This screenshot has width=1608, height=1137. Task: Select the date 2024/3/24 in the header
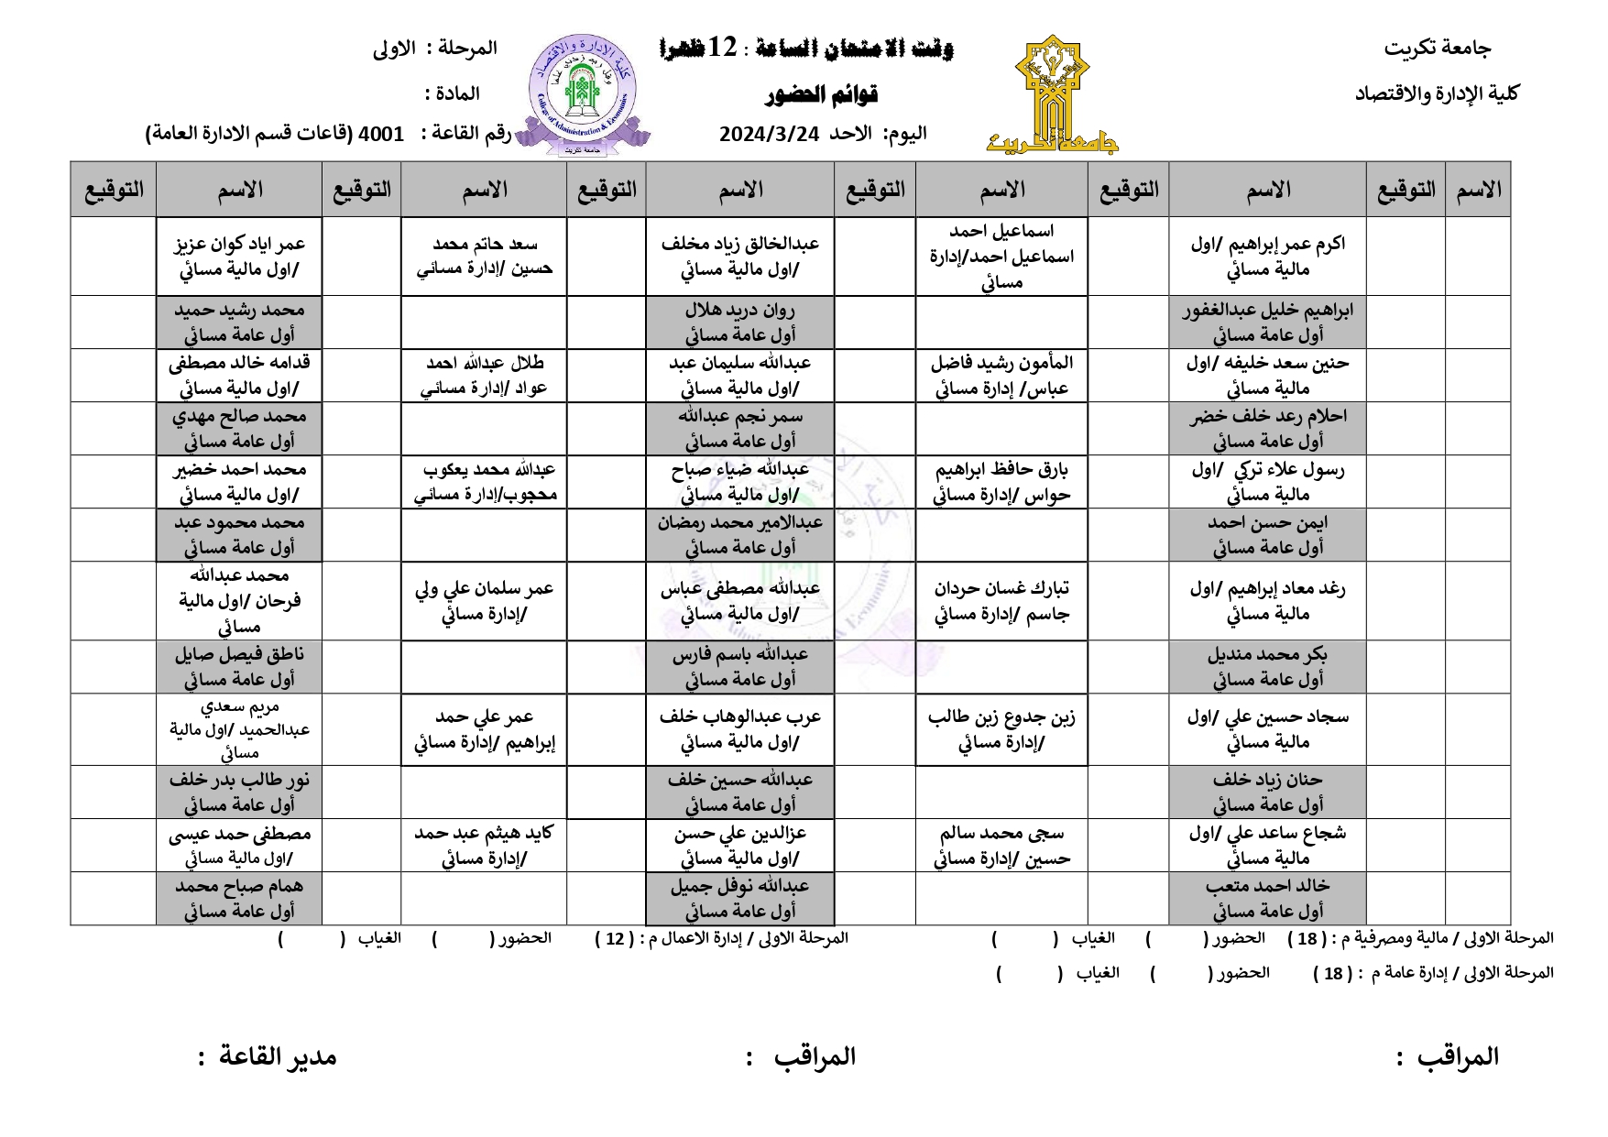point(768,134)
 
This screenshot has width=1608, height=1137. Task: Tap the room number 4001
point(380,134)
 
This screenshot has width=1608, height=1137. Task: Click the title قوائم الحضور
point(823,94)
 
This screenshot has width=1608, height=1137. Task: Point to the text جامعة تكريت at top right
point(1437,49)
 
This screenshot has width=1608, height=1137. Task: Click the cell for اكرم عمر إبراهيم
point(1267,257)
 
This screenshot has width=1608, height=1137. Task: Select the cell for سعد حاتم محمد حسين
point(484,257)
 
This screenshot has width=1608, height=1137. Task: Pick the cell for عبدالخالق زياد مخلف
point(739,257)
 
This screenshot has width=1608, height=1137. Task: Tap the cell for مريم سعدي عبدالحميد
point(239,729)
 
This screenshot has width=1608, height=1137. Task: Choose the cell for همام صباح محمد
point(239,898)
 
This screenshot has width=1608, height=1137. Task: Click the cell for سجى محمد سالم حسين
point(1001,846)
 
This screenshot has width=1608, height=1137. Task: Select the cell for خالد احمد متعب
point(1267,898)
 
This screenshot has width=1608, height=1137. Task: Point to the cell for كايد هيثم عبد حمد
point(484,846)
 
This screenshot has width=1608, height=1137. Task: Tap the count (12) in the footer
point(616,939)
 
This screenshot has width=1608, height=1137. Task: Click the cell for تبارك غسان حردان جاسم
point(1001,601)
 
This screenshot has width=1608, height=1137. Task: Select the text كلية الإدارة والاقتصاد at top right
point(1436,93)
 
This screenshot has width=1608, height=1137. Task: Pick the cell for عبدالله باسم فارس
point(739,666)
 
